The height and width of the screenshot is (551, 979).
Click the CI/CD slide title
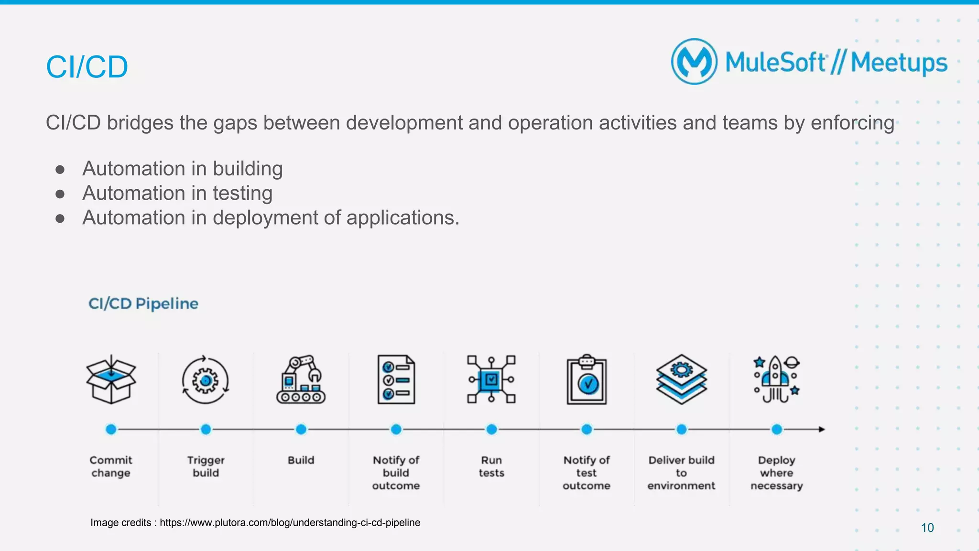[87, 67]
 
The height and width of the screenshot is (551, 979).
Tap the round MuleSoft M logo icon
[694, 62]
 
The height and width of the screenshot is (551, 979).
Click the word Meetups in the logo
[899, 63]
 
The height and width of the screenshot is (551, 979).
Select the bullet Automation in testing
[177, 193]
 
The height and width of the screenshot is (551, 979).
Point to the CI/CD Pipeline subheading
[143, 303]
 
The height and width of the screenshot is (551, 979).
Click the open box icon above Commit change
[111, 379]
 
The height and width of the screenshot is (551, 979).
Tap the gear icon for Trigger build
[206, 380]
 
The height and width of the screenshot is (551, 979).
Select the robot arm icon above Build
[301, 379]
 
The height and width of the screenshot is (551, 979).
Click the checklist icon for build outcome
[396, 379]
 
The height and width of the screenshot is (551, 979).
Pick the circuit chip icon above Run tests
[491, 379]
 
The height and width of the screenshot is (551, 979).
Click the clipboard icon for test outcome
[587, 380]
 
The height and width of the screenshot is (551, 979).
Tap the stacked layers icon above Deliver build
[682, 379]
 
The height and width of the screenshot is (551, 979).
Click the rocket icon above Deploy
[776, 379]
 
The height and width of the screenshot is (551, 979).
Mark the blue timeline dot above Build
[301, 429]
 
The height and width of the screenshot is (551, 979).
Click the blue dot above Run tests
[491, 429]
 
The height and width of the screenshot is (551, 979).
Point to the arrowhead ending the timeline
[821, 429]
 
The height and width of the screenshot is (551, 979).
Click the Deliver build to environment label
[681, 473]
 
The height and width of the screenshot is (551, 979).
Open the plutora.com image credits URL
[290, 522]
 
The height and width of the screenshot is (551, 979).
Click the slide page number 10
[927, 528]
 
